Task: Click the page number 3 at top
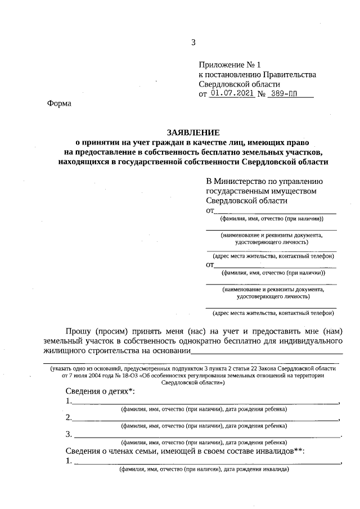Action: (x=193, y=43)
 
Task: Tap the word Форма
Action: (x=59, y=103)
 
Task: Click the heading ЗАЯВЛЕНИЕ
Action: (x=192, y=132)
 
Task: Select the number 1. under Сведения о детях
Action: (x=68, y=401)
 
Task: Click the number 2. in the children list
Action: (x=68, y=417)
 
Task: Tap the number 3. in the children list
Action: (x=68, y=434)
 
